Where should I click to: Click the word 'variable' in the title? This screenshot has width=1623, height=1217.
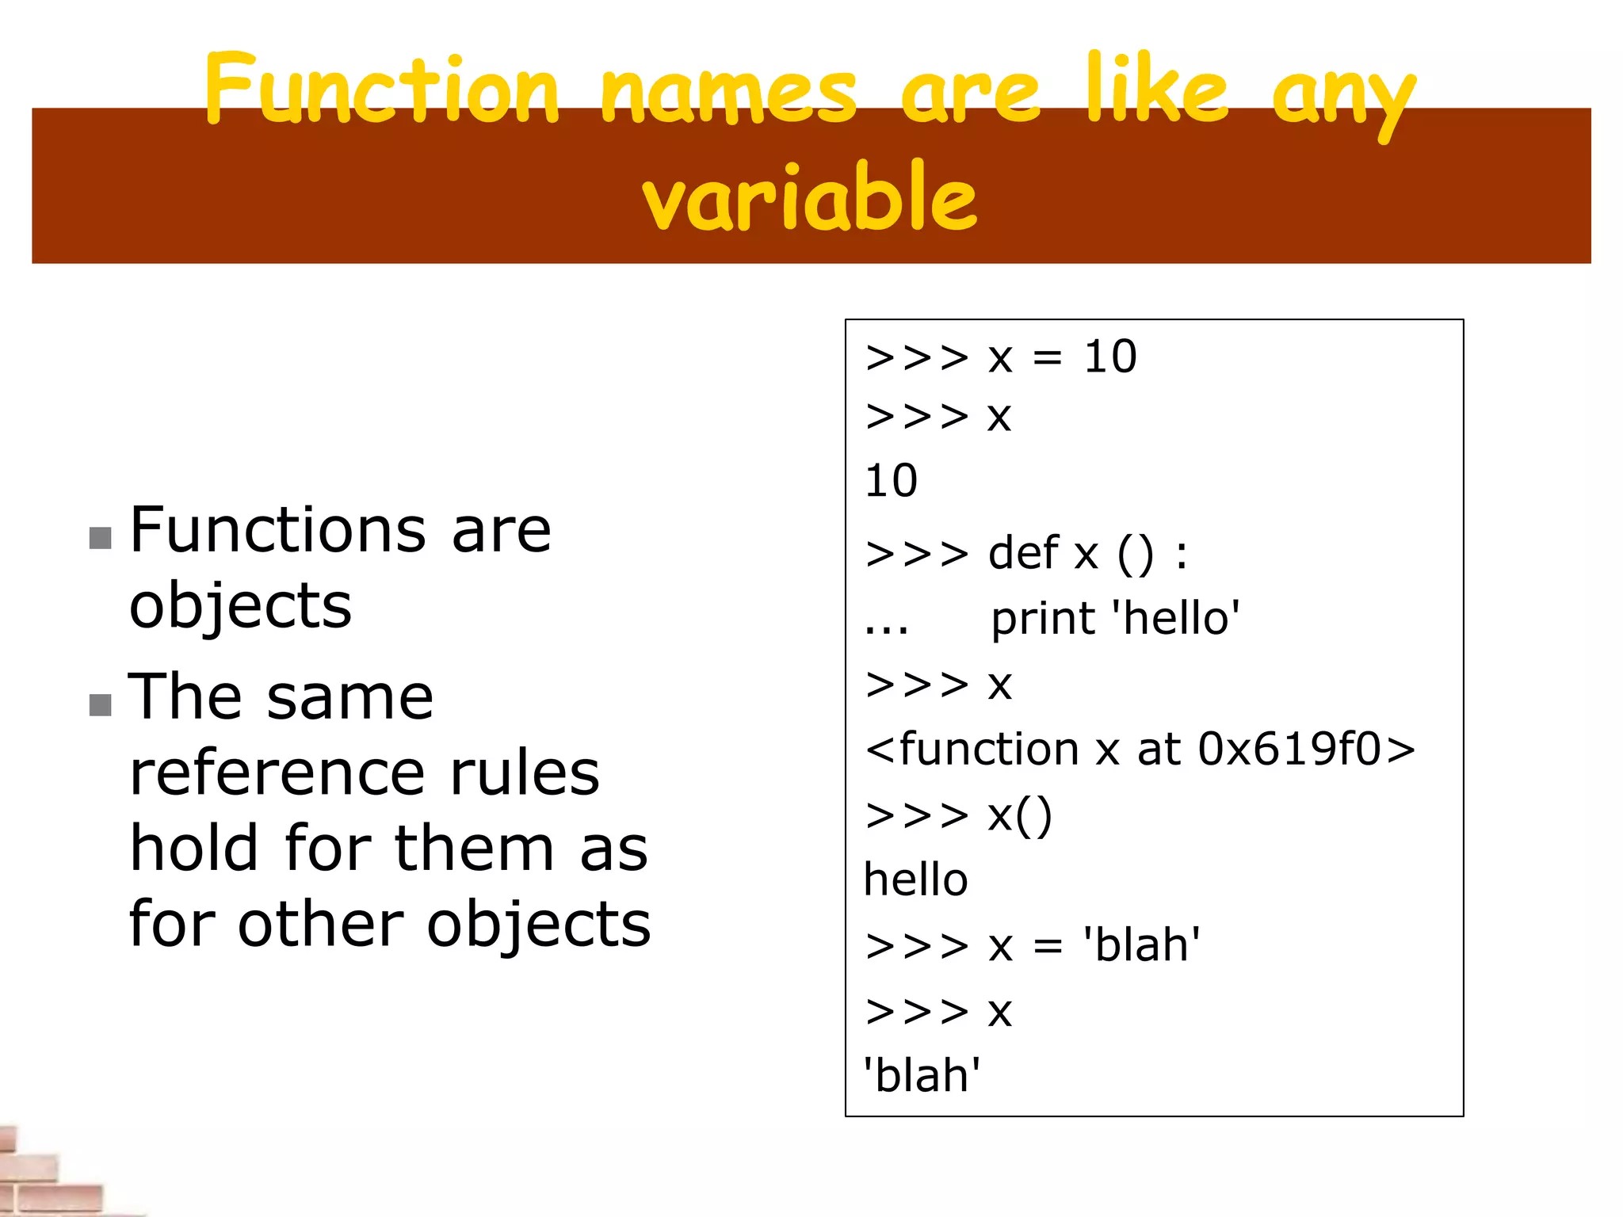[809, 196]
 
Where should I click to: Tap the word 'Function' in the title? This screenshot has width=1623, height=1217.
[382, 89]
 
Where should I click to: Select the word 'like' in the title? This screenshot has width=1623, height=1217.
[1156, 89]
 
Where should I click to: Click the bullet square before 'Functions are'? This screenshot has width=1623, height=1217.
[101, 538]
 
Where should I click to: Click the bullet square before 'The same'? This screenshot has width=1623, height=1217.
[101, 704]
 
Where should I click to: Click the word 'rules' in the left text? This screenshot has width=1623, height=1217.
[525, 773]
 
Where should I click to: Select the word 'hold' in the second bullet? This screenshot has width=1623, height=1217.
[194, 848]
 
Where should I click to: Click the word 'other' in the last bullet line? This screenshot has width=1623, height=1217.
[321, 924]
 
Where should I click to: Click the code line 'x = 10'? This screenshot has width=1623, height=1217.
[1061, 357]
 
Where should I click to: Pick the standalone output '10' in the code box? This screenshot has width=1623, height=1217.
[892, 481]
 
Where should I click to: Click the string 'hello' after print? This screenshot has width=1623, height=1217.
[1176, 618]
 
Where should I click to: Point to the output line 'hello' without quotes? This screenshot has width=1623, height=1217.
[916, 880]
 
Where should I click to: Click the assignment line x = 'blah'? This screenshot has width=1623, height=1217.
[1094, 945]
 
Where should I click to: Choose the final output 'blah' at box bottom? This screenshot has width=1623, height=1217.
[922, 1076]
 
